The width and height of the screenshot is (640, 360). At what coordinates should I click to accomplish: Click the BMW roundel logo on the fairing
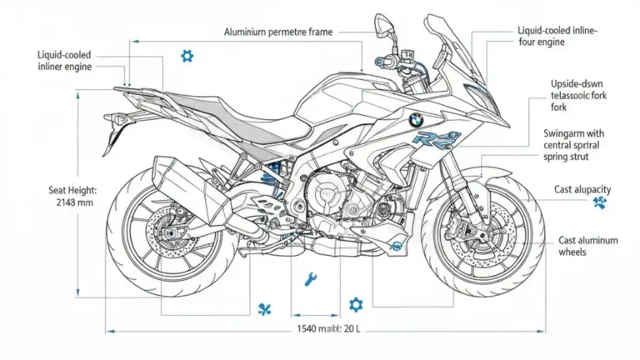tap(413, 120)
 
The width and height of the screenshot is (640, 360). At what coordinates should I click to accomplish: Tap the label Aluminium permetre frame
tap(278, 32)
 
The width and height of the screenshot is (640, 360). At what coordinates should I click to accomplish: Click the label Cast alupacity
tap(584, 190)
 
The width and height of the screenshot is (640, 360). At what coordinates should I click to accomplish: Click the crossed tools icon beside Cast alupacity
tap(599, 202)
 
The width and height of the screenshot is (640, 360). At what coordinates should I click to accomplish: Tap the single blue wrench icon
tap(311, 279)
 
